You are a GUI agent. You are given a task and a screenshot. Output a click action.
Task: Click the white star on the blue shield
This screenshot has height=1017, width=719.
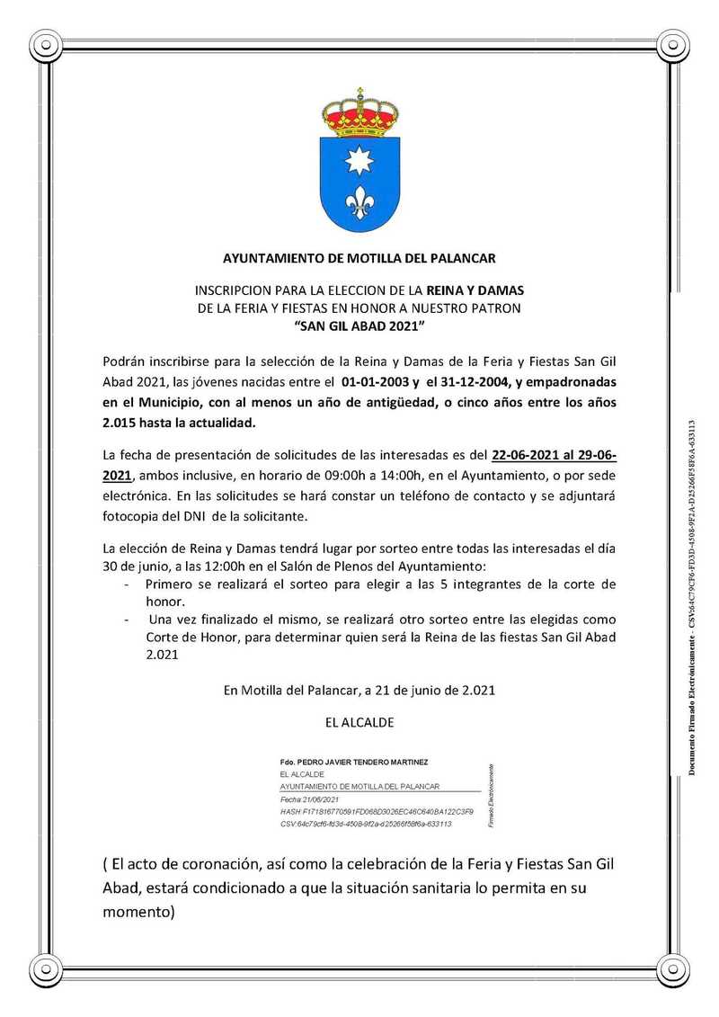coord(359,161)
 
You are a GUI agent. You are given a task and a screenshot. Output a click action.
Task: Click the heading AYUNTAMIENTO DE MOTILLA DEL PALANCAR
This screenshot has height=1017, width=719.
coord(359,259)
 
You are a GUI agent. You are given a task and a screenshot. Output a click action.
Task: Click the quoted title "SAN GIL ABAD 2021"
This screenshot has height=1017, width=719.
coord(359,324)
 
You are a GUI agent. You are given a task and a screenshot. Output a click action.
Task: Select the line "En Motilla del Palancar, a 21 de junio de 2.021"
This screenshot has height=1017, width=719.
coord(359,691)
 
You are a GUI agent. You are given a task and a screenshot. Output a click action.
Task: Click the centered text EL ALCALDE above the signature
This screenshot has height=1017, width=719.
coord(359,722)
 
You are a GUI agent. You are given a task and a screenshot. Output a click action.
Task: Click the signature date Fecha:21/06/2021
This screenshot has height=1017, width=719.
coord(310,798)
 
